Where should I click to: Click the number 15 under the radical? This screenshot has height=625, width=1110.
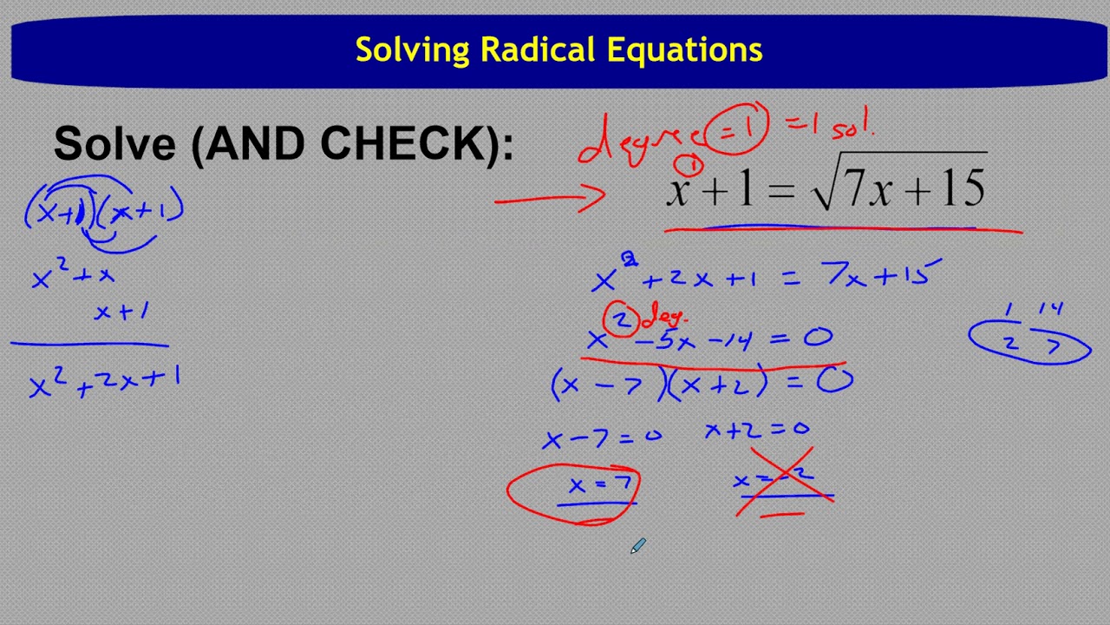(960, 188)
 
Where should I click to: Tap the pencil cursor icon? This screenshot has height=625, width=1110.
(637, 546)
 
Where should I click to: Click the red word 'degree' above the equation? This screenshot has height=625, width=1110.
(637, 143)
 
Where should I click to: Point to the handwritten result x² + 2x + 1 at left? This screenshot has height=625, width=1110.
(104, 382)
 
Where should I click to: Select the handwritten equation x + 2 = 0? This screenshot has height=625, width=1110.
(756, 429)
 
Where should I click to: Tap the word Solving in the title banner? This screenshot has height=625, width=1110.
(413, 49)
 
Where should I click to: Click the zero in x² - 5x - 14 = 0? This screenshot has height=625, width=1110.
(817, 339)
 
